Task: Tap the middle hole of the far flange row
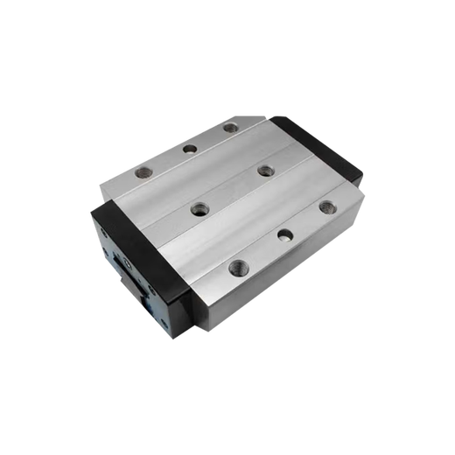coord(189,148)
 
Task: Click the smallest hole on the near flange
coord(284,234)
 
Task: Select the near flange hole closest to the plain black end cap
coord(326,207)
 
